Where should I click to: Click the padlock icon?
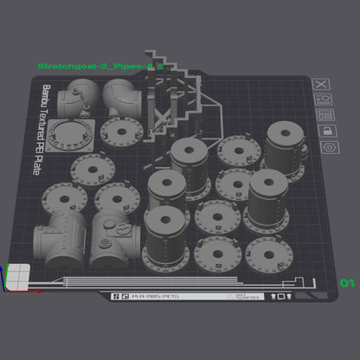click(325, 131)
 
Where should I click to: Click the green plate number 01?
click(348, 283)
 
